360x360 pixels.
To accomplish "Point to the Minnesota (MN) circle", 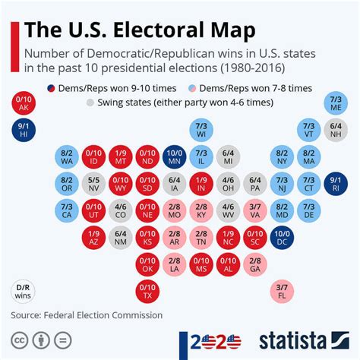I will pos(174,156).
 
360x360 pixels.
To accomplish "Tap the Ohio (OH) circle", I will pos(228,183).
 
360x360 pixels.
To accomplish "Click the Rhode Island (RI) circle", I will pos(336,183).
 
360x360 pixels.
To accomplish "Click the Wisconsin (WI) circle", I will pos(201,130).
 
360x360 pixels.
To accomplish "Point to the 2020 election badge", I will pos(211,339).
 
